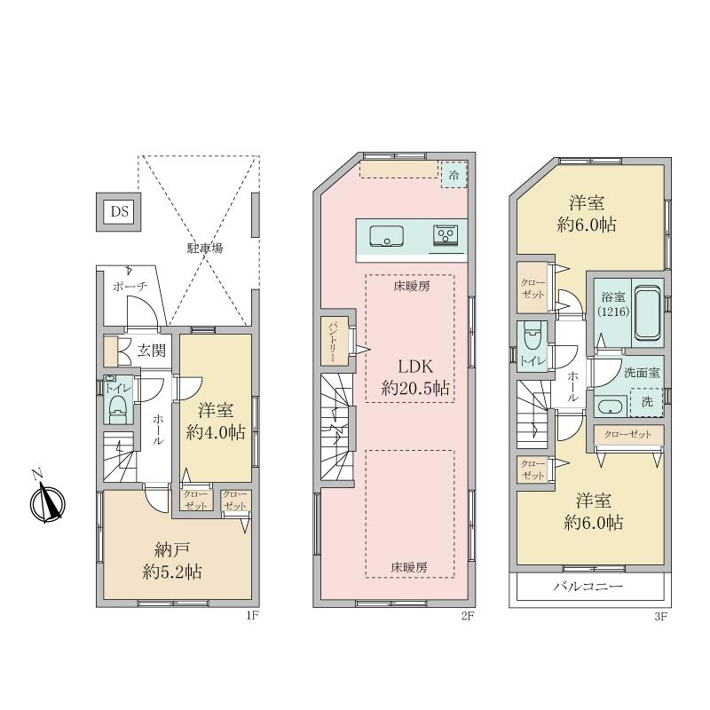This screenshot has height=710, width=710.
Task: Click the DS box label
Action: point(120,211)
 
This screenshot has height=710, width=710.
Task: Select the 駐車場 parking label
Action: point(205,248)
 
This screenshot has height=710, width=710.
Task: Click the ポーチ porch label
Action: point(130,286)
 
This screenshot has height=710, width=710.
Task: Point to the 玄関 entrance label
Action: point(152,350)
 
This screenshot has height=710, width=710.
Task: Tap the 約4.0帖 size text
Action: point(216,432)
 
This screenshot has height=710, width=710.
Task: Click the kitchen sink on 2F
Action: point(387,235)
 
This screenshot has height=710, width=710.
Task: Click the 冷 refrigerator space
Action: point(454,175)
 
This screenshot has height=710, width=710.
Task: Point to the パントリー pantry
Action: point(335,341)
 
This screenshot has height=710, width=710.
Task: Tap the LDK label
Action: point(415,366)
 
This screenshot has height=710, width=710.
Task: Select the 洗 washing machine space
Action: point(647,402)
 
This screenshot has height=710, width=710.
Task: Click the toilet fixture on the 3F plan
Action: point(531,335)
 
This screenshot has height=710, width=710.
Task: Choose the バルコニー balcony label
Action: point(588,587)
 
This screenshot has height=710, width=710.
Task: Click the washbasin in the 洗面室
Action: point(610,406)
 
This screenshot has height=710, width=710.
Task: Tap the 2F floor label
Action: point(468,615)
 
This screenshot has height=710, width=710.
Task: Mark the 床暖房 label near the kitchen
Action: point(412,286)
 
